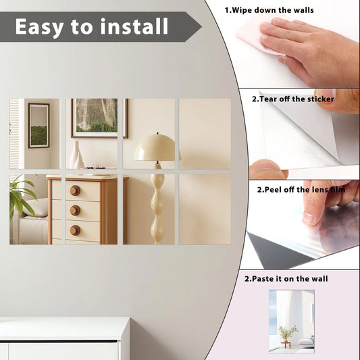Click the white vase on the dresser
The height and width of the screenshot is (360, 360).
coord(76,156)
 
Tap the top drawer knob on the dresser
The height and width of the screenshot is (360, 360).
coord(74,190)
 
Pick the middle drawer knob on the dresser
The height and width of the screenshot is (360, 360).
coord(74,210)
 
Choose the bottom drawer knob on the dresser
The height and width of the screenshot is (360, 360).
coord(74,230)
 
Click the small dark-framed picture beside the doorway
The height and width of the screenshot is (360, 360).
coord(38,125)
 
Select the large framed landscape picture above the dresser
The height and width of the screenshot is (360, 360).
coord(99,118)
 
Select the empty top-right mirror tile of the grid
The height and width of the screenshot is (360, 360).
coord(205,134)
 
